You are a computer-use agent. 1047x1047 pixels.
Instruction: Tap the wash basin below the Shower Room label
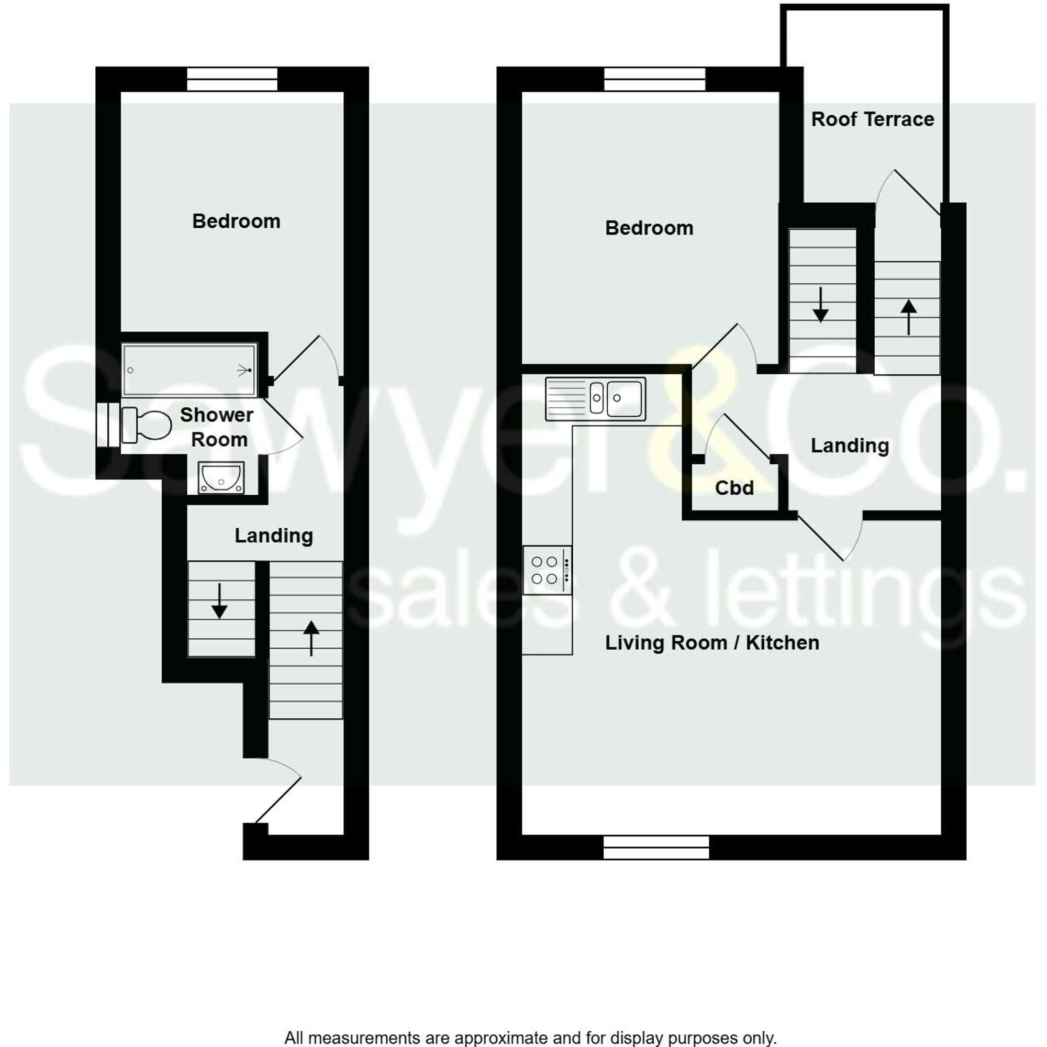click(x=220, y=477)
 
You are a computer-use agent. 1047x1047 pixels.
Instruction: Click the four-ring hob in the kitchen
click(x=547, y=570)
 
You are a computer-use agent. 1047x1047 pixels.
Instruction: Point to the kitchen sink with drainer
click(x=596, y=399)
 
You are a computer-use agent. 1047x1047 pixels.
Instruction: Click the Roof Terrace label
click(x=872, y=119)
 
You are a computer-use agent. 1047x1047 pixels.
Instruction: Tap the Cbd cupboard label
click(x=734, y=488)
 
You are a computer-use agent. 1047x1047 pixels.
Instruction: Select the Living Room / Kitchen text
click(x=711, y=643)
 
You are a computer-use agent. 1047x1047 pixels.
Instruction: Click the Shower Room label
click(x=217, y=427)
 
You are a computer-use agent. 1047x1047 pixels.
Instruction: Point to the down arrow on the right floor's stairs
click(x=820, y=305)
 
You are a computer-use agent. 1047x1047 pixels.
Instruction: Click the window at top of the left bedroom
click(x=232, y=79)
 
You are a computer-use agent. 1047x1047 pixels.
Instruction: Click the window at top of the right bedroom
click(x=655, y=79)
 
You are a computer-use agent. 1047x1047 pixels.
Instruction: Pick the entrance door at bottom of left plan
click(x=277, y=799)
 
